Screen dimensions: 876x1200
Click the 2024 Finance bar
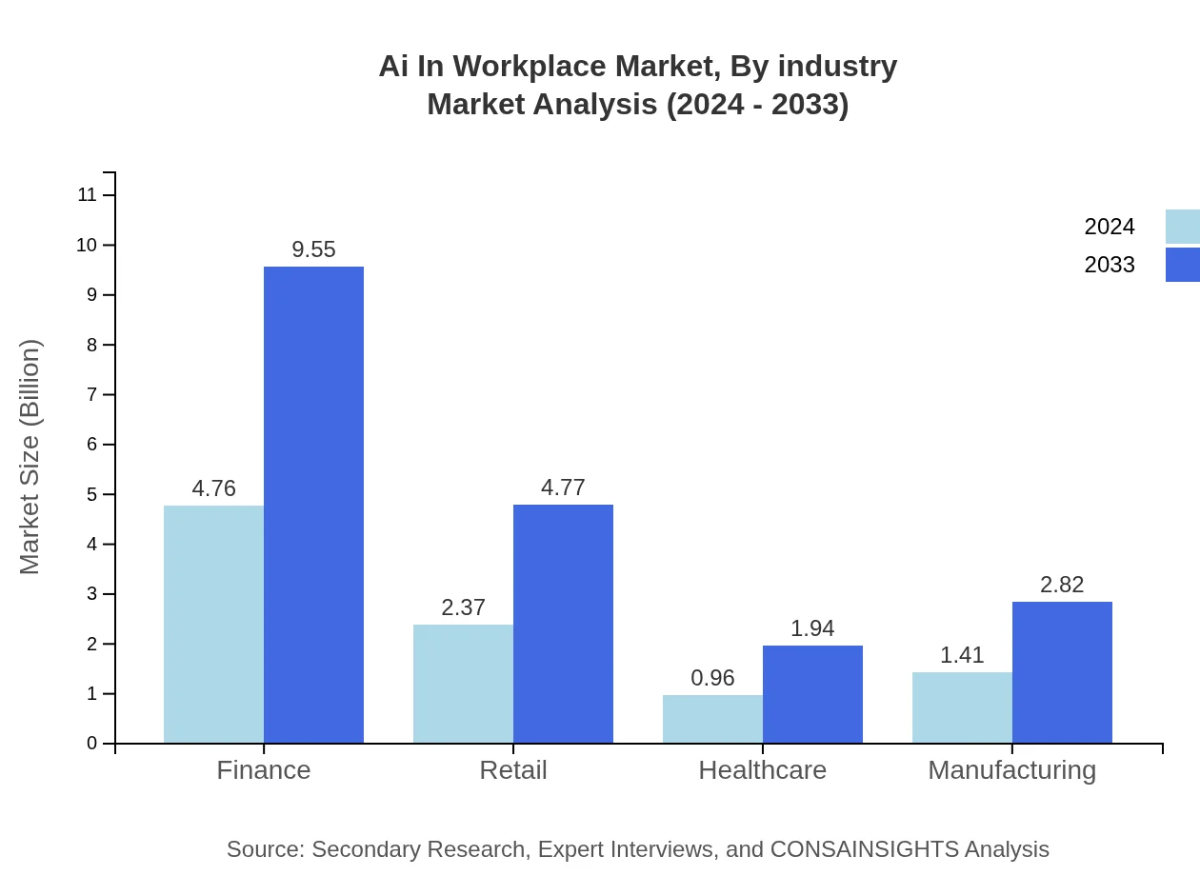coord(213,624)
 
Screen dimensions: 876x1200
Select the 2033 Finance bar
coord(313,505)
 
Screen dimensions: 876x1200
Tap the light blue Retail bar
coord(463,684)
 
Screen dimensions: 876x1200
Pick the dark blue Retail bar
coord(563,624)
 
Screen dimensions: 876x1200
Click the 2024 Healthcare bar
coord(712,719)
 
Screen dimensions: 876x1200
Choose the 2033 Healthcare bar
coord(812,694)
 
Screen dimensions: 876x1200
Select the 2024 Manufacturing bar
coord(962,707)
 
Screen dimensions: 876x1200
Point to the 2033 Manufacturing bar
coord(1062,672)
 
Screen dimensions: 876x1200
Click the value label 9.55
coord(313,249)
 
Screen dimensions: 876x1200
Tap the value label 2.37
coord(463,607)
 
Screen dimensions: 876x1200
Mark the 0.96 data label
coord(712,678)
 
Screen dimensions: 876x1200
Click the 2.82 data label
coord(1062,585)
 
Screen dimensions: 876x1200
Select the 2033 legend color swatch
coord(1182,265)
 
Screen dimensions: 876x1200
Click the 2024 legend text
coord(1110,227)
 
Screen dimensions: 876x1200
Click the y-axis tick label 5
coord(92,494)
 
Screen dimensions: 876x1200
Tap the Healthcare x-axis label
coord(762,769)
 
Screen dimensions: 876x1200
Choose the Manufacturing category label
coord(1011,769)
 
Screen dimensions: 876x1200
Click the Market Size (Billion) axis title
coord(30,457)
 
